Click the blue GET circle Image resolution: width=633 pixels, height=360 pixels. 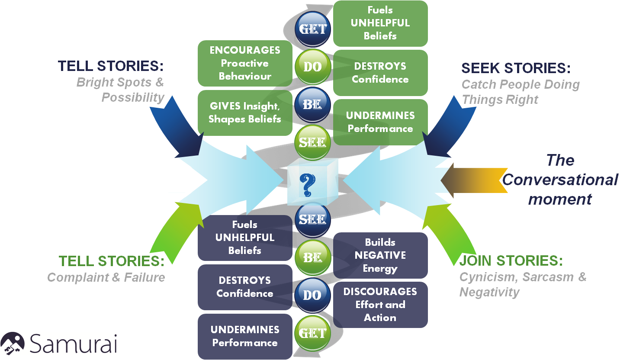(313, 29)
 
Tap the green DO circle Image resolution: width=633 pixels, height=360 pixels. (313, 67)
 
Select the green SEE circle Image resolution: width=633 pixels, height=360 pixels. (312, 142)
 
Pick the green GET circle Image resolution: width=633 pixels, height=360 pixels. (312, 333)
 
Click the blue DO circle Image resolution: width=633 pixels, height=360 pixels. (312, 295)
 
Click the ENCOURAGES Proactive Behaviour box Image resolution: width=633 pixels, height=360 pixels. (245, 63)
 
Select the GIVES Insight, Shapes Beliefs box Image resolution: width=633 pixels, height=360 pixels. (245, 112)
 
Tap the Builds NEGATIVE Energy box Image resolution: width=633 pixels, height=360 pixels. (380, 255)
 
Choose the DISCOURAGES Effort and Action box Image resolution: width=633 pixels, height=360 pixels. (380, 305)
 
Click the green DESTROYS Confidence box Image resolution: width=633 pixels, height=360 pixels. (380, 73)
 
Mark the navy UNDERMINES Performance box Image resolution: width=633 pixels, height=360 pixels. (245, 336)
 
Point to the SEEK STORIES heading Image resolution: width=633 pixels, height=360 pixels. (516, 68)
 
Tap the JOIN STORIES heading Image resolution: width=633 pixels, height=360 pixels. (511, 261)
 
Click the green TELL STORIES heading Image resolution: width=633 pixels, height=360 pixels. (112, 261)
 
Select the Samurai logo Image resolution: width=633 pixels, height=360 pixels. (58, 344)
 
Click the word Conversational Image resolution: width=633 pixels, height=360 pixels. (560, 180)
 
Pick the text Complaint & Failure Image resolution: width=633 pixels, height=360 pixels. (106, 277)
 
